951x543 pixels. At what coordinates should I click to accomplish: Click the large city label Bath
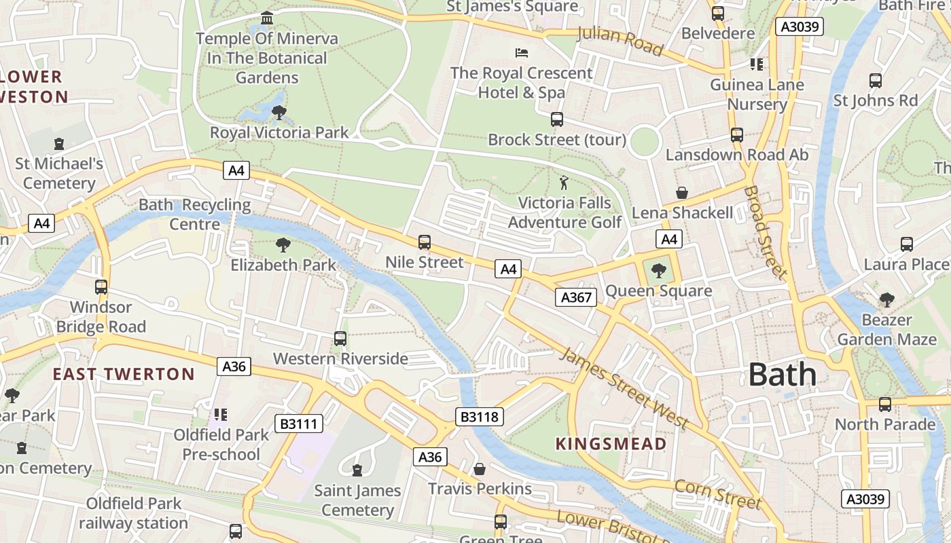[783, 375]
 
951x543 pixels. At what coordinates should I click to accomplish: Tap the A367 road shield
[576, 297]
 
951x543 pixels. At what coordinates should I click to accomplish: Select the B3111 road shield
[298, 424]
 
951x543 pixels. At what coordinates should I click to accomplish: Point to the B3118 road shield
[480, 416]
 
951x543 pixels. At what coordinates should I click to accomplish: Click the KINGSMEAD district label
[611, 444]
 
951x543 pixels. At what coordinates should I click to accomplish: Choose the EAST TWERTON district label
[124, 374]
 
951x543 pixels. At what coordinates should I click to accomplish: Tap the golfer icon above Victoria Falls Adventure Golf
[563, 182]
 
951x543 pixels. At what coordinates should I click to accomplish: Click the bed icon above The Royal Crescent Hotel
[522, 52]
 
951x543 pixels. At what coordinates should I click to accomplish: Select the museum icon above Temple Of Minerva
[267, 18]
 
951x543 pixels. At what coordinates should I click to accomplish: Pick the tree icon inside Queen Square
[658, 271]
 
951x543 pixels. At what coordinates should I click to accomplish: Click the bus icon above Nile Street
[425, 242]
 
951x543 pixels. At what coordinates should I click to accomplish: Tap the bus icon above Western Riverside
[340, 338]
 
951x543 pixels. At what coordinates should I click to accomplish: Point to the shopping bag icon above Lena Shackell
[682, 193]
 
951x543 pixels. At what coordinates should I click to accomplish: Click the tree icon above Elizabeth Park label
[283, 244]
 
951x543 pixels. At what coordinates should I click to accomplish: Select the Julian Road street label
[620, 41]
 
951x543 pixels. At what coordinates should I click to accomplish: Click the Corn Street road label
[717, 494]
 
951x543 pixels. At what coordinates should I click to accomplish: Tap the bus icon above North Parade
[885, 405]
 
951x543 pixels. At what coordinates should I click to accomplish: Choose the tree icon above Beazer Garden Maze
[886, 299]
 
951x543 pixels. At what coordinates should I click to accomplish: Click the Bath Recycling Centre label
[195, 214]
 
